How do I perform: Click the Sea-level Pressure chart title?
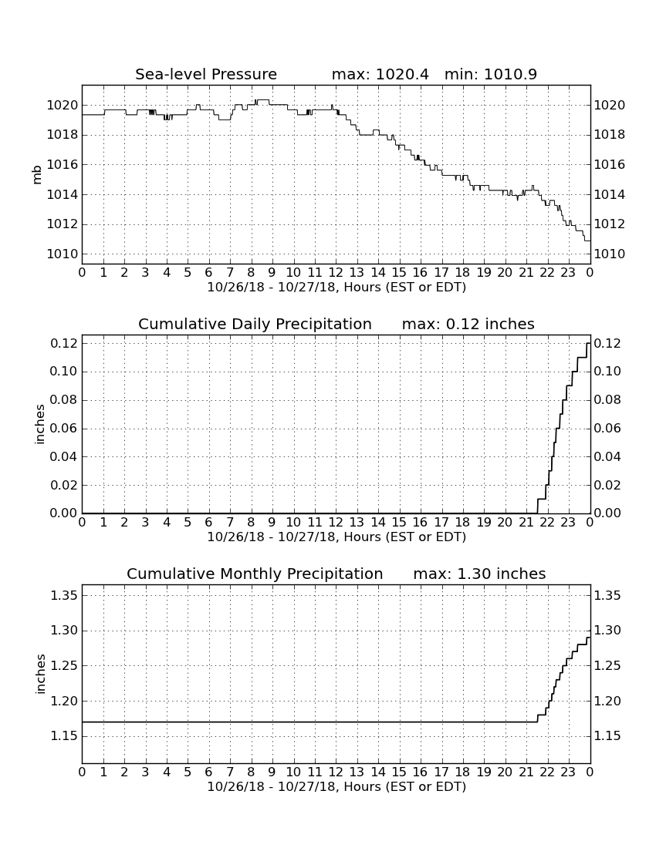[206, 74]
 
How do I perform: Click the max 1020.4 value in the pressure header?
[380, 74]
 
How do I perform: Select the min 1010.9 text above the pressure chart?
[491, 74]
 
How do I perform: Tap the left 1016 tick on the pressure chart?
[63, 164]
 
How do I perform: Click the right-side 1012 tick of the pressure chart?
[610, 224]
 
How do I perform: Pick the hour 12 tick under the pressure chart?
[336, 272]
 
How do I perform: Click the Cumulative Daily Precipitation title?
[255, 324]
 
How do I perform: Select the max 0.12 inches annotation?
[468, 324]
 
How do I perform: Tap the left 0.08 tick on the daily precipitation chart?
[64, 400]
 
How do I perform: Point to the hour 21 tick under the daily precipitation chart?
[526, 522]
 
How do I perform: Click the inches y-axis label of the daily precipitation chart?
[39, 424]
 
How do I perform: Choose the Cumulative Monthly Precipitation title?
[255, 574]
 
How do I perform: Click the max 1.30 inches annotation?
[479, 574]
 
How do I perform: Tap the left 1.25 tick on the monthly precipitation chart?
[64, 666]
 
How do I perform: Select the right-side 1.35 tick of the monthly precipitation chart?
[607, 595]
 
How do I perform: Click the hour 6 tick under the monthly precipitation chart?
[209, 772]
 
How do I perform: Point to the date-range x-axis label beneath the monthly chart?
[336, 786]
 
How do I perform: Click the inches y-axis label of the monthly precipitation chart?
[39, 674]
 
